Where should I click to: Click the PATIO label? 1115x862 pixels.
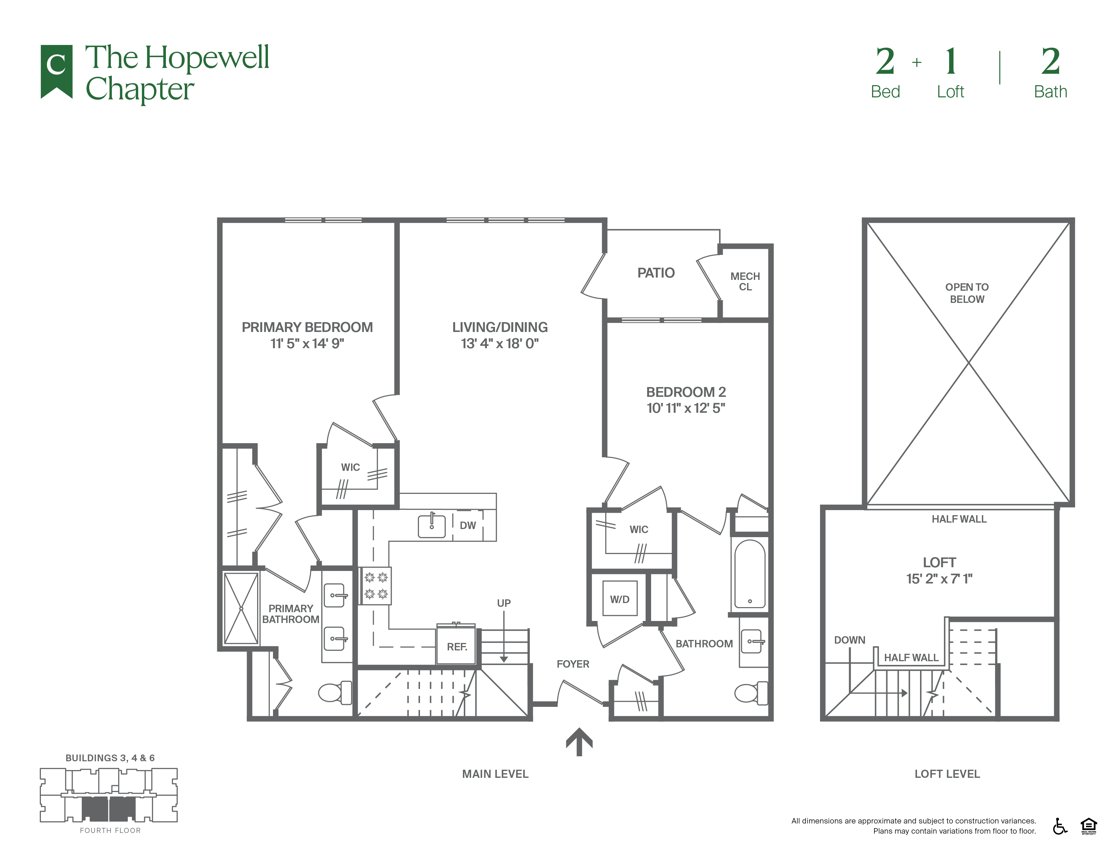coord(656,273)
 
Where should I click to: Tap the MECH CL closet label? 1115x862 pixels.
coord(745,281)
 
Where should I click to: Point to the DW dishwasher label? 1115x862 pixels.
coord(468,525)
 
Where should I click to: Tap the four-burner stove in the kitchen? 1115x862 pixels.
coord(376,586)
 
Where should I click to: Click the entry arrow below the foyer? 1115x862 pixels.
coord(579,741)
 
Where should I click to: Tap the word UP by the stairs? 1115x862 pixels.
coord(504,603)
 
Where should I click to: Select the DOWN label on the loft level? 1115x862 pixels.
coord(849,640)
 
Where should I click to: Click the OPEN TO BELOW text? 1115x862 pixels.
coord(967,293)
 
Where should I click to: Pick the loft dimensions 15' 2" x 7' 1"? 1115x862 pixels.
coord(939,579)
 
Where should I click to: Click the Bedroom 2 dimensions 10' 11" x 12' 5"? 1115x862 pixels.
coord(686,408)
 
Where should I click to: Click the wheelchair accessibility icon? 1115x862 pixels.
coord(1060,826)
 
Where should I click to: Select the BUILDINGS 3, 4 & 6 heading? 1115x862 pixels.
coord(110,758)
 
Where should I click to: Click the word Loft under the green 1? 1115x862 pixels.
coord(950,92)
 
